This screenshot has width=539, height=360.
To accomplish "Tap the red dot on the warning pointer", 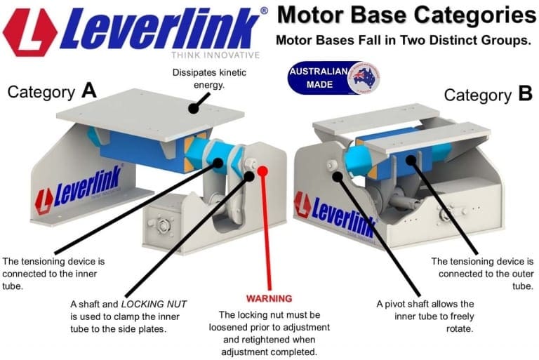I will coord(263,170).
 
